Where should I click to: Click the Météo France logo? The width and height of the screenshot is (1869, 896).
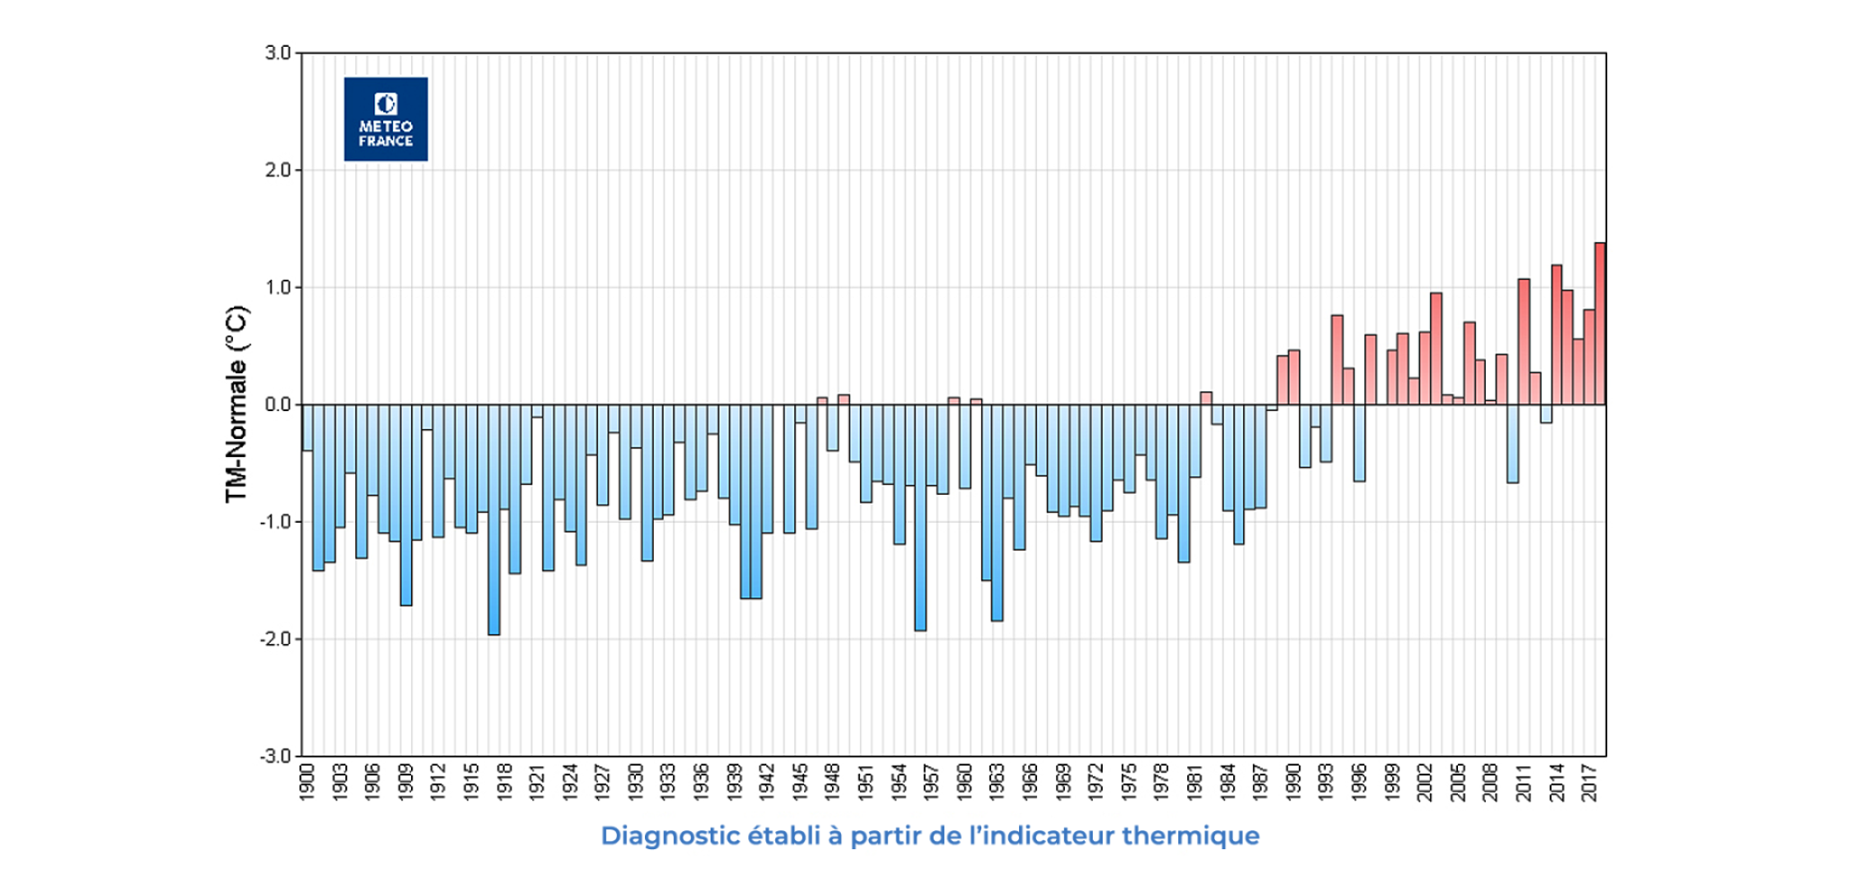point(386,119)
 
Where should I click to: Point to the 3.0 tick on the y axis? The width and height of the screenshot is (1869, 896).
point(278,53)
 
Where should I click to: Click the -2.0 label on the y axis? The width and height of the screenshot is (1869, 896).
point(275,640)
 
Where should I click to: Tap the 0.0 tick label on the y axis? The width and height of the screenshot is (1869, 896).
point(278,405)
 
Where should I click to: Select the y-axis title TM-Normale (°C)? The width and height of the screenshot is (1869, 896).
point(236,405)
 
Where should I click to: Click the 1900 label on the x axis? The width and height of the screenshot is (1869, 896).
point(308,782)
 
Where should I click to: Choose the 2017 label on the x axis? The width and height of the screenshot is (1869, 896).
point(1589,782)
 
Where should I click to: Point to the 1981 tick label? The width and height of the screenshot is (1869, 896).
point(1195,782)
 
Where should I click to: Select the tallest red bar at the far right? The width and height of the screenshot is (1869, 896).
point(1600,324)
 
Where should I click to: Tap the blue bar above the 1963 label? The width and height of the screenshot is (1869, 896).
point(997,513)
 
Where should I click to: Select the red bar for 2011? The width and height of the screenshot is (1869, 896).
point(1524,342)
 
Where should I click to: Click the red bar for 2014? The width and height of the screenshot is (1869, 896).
point(1557,335)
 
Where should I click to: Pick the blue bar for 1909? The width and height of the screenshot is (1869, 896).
point(407,505)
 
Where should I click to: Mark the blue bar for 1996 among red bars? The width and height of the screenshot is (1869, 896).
point(1359,443)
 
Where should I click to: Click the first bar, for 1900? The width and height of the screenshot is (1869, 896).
point(308,427)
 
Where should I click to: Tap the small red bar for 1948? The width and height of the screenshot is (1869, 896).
point(844,399)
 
